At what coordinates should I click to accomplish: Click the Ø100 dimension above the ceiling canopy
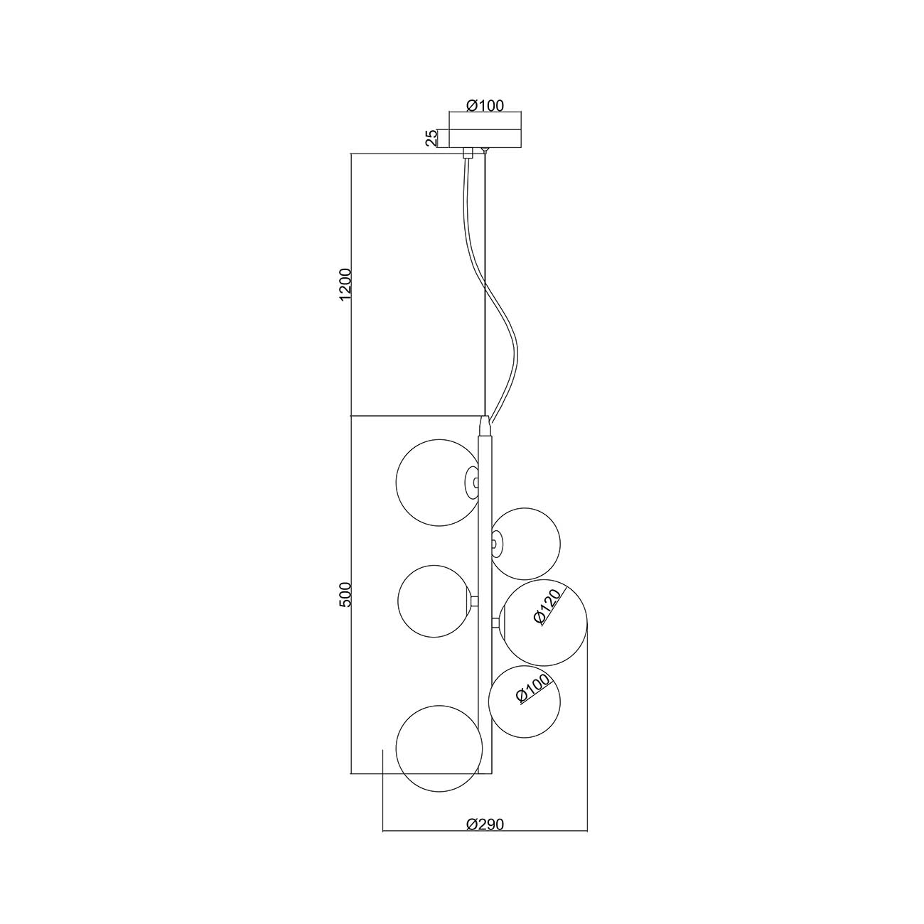click(x=485, y=105)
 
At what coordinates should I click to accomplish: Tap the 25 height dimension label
click(x=431, y=138)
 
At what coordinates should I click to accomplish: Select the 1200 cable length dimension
click(x=345, y=285)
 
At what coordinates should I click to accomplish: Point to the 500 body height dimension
click(x=345, y=594)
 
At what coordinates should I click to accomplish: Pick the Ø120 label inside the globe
click(x=547, y=607)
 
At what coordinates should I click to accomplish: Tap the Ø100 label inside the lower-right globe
click(x=533, y=702)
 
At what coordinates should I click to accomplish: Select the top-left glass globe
click(x=438, y=483)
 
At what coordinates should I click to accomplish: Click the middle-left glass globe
click(x=434, y=601)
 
